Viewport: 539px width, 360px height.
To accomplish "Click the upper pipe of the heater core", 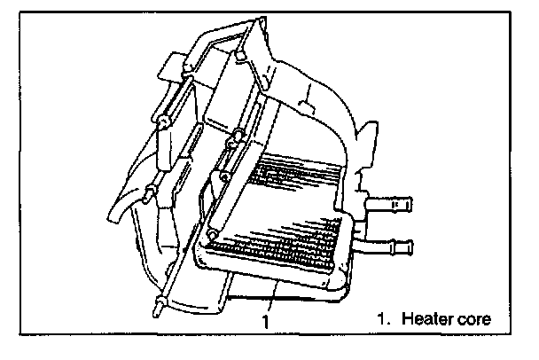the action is [x=391, y=206].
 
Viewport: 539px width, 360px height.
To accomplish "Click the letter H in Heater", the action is [x=405, y=316].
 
